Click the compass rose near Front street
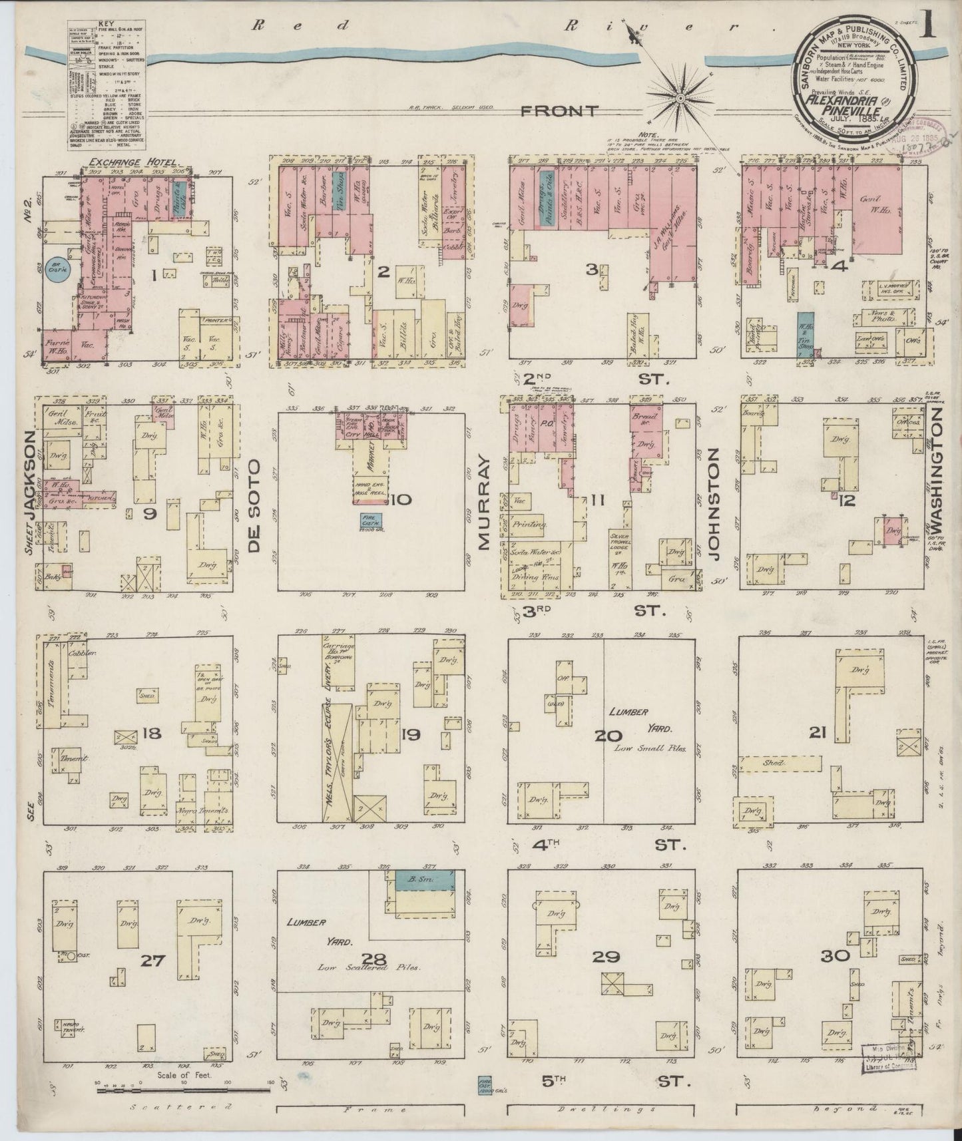pos(681,99)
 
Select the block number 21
pos(818,733)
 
